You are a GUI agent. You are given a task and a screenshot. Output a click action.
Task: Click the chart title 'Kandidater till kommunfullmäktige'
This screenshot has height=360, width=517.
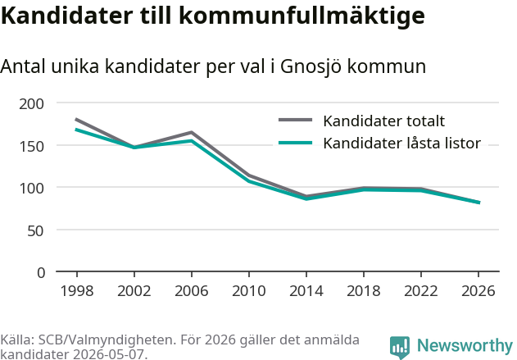point(213,16)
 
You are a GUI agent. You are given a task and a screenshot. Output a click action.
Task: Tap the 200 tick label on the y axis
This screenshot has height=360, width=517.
point(31,104)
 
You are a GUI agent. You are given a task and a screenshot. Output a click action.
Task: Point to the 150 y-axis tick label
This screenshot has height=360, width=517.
point(31,147)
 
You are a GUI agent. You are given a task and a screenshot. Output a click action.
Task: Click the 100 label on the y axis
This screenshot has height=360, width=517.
point(31,189)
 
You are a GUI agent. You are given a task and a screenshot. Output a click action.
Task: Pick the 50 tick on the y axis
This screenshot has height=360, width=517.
point(35,231)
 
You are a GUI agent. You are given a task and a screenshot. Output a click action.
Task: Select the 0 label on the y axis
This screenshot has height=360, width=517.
point(41,273)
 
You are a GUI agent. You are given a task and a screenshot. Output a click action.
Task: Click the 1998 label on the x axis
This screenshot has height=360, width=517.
point(77,291)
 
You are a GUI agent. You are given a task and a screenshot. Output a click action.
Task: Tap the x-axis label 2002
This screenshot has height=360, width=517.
point(134,291)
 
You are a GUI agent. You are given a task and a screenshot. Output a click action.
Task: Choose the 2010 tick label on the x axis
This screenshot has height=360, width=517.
point(249,291)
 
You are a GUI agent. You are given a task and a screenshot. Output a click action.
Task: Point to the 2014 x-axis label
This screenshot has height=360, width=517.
point(306,291)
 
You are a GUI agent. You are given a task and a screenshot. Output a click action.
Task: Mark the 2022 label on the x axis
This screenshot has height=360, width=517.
point(421,291)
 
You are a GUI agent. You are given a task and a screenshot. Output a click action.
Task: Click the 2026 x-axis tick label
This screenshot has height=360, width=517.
point(478,291)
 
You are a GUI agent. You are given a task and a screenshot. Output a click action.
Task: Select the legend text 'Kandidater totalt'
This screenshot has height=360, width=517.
point(384,121)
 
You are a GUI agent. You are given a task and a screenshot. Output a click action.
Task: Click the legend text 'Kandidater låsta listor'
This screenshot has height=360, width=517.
point(402,144)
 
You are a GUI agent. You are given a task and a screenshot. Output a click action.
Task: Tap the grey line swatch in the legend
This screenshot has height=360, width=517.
point(296,120)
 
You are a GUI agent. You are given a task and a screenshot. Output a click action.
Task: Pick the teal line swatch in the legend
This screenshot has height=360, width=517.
point(296,143)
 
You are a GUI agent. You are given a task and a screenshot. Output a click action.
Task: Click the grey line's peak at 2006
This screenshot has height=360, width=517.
point(192,132)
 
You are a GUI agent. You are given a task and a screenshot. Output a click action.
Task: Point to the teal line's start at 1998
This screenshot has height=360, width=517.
point(77,130)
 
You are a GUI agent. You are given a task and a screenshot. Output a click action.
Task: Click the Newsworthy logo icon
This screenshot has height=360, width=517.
point(400,348)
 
